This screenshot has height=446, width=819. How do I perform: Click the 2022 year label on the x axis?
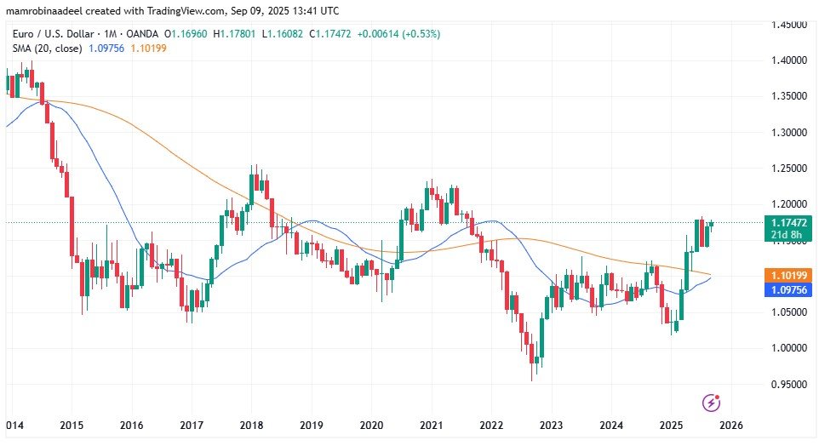coord(490,425)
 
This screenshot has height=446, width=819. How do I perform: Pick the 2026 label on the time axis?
coord(731,425)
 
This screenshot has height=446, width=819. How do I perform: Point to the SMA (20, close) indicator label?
coord(46,48)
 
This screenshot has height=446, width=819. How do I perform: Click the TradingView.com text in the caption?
coord(184,9)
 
